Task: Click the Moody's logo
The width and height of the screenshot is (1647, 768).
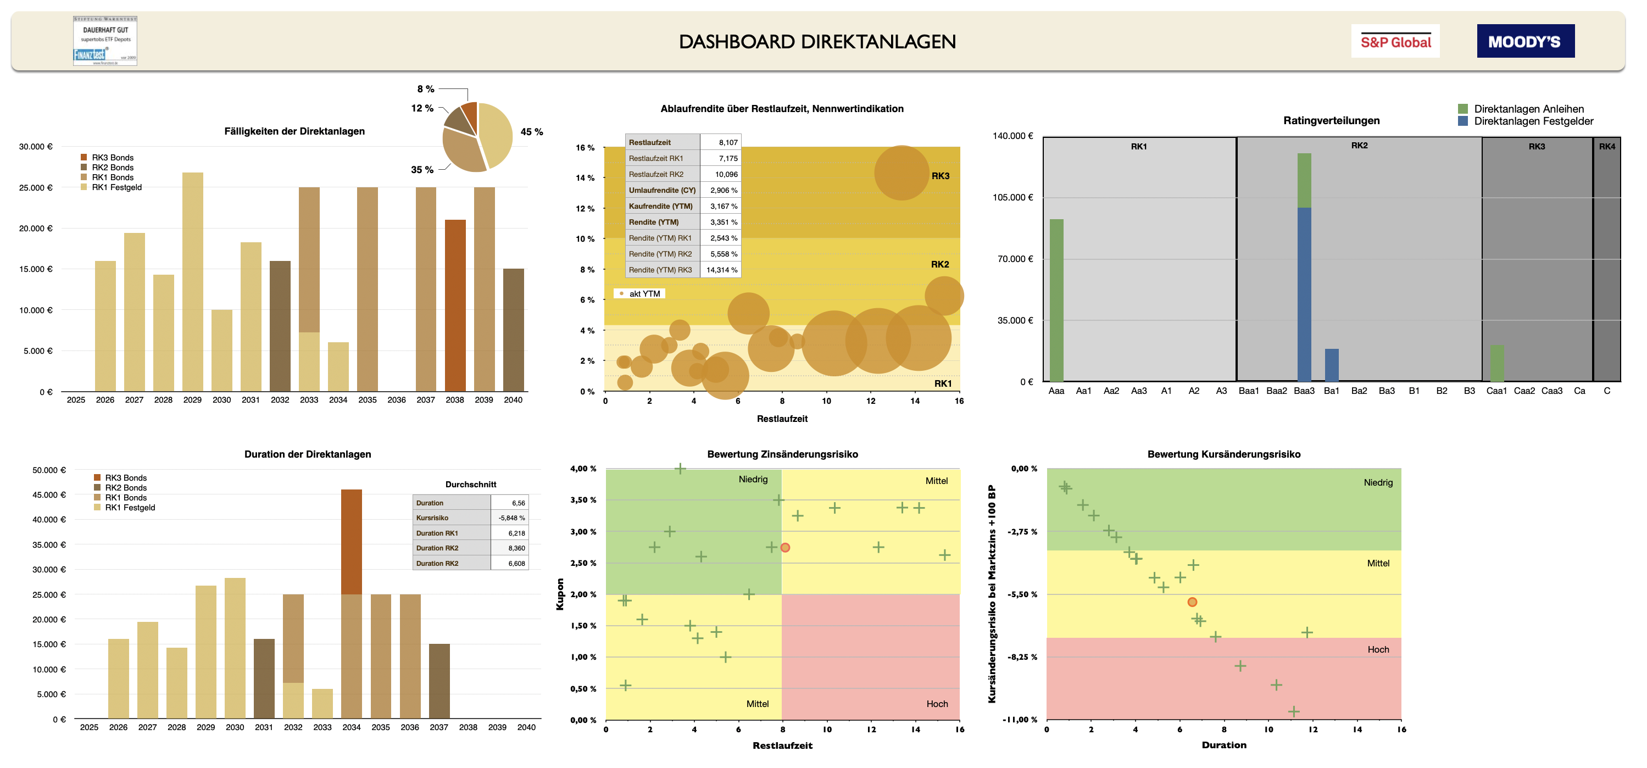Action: pos(1525,42)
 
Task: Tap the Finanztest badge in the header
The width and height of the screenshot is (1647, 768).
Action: pos(105,41)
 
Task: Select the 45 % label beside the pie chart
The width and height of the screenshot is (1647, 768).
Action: pos(531,132)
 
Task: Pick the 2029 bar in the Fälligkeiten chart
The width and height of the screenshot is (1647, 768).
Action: pos(192,281)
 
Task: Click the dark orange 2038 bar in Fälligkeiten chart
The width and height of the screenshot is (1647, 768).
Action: pos(455,305)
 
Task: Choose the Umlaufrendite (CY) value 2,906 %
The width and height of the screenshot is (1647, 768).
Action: pos(723,190)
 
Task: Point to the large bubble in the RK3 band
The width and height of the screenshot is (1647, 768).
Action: pos(902,172)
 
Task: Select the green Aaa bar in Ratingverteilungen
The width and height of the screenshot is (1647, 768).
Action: pos(1056,300)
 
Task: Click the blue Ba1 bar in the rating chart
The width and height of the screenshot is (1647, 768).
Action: pos(1332,365)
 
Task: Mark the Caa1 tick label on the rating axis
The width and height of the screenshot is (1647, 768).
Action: pos(1496,391)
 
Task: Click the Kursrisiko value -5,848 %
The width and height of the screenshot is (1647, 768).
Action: pos(511,518)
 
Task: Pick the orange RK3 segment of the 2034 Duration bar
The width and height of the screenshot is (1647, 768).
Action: pos(351,542)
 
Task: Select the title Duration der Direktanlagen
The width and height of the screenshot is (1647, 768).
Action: pos(308,454)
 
